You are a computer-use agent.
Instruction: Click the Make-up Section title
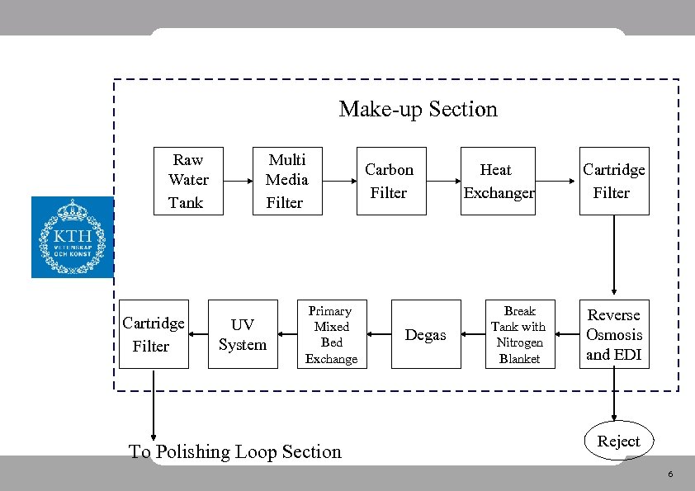(418, 109)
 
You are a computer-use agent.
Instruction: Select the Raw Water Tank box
(189, 181)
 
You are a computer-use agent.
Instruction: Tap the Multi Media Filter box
(286, 181)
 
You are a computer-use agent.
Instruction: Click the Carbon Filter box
(390, 181)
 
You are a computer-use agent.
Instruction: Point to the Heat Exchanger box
(499, 181)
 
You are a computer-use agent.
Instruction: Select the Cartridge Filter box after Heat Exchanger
(613, 181)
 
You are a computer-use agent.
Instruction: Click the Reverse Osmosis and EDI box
(613, 334)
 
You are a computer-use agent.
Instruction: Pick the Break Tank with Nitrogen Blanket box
(519, 334)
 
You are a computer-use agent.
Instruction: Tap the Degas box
(425, 334)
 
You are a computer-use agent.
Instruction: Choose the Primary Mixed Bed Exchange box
(331, 334)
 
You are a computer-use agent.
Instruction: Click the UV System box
(243, 334)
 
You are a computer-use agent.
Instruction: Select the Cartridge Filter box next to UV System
(154, 334)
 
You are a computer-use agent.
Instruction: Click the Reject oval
(618, 441)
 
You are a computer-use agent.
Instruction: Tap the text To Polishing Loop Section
(235, 451)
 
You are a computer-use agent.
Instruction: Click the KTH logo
(72, 237)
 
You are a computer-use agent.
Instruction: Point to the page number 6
(670, 474)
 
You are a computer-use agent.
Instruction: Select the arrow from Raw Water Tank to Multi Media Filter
(239, 181)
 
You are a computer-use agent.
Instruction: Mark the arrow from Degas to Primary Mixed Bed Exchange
(378, 334)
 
